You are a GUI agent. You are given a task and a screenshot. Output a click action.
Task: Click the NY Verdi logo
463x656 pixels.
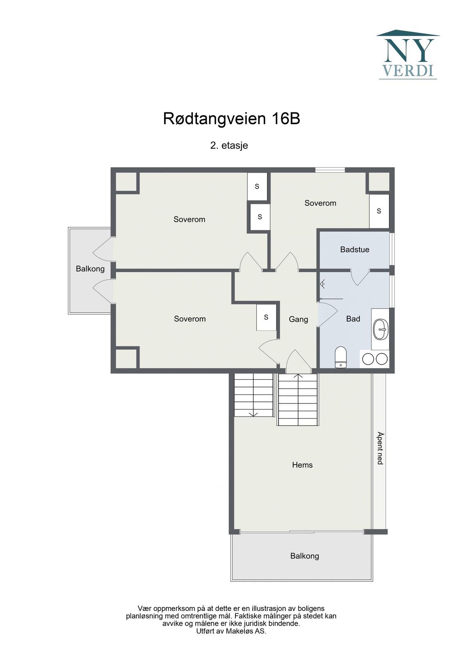408,55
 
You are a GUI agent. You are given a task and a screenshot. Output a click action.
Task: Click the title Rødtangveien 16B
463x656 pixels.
231,119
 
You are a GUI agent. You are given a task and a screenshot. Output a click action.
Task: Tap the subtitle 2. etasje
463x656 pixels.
229,146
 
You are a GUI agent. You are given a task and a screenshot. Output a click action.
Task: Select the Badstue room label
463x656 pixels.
355,250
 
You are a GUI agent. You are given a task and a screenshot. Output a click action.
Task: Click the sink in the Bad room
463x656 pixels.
380,329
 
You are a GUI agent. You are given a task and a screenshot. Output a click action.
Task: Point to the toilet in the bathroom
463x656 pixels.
341,357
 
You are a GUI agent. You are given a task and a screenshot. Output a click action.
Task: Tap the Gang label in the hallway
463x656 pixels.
298,319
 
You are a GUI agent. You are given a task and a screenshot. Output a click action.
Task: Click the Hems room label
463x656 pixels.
302,465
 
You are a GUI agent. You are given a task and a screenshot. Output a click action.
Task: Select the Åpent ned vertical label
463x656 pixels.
379,448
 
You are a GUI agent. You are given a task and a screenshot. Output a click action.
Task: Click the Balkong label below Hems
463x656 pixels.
305,556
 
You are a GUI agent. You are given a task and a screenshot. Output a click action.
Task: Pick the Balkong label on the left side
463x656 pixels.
90,269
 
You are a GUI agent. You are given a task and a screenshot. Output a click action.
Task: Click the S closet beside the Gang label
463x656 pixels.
266,317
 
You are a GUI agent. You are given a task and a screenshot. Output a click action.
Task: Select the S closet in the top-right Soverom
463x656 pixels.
379,211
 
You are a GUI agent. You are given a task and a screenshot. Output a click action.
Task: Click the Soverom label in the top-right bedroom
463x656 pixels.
320,203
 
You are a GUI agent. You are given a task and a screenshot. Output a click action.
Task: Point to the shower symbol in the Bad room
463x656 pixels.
323,284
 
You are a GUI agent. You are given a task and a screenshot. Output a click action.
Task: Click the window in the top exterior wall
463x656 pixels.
330,170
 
